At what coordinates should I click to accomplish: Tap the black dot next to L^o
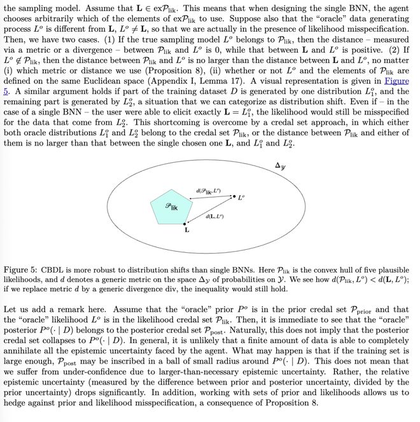tap(234, 196)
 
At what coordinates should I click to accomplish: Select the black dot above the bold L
tap(185, 224)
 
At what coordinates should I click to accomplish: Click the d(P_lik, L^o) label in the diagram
tap(211, 191)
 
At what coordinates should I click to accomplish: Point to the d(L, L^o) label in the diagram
tap(214, 217)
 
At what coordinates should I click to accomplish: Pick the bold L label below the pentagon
tap(186, 231)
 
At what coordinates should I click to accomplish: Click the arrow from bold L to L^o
tap(210, 210)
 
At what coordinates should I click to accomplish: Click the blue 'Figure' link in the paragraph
tap(396, 81)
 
